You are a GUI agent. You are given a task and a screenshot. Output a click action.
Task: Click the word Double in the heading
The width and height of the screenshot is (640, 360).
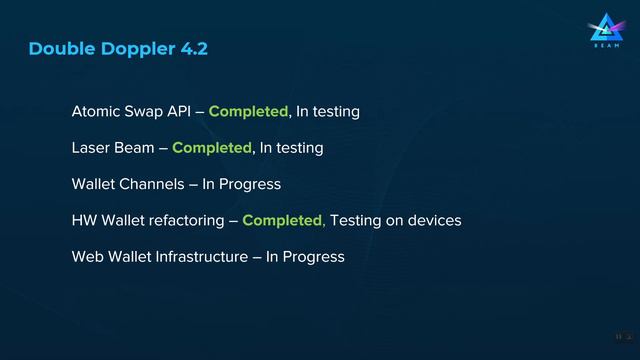click(58, 49)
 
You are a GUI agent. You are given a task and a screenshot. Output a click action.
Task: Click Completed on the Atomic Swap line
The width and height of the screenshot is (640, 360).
click(248, 111)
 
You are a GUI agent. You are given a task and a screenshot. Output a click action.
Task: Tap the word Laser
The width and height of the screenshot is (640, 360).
click(91, 148)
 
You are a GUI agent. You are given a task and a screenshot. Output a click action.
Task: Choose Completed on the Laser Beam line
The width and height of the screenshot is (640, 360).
click(211, 148)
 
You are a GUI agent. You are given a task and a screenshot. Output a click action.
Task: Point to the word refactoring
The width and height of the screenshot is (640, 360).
click(186, 221)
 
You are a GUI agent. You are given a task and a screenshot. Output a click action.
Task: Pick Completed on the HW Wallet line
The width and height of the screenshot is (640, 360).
click(283, 221)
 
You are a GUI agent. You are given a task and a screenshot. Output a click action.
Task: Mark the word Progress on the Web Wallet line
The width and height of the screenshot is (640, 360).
click(314, 258)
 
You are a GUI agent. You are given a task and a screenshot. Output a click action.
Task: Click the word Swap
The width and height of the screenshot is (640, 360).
click(141, 111)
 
